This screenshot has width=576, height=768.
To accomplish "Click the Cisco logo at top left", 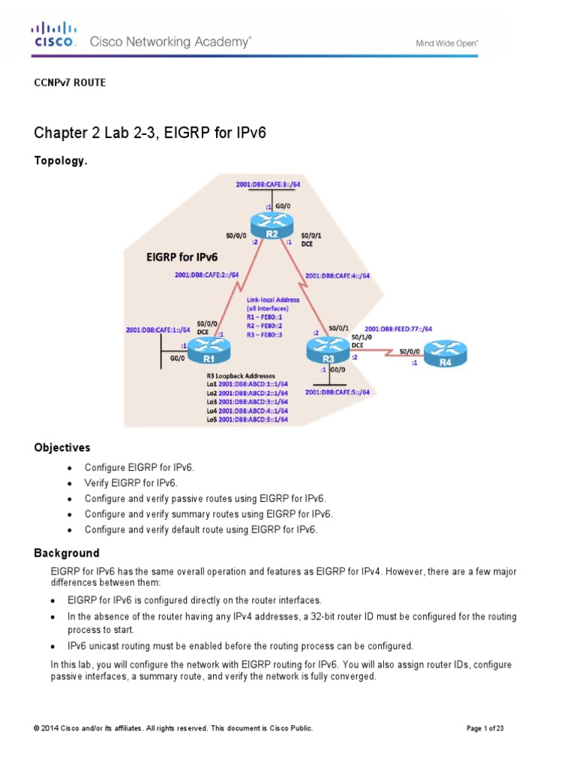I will (x=53, y=35).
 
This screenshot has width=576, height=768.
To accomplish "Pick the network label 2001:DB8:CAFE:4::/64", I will (x=337, y=276).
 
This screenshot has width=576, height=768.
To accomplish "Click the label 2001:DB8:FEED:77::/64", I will (x=398, y=328).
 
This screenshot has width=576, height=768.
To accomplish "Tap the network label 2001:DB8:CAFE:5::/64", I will (x=337, y=391).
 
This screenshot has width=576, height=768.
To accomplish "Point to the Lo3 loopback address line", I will (x=247, y=402).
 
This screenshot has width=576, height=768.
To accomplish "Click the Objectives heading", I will (x=62, y=448).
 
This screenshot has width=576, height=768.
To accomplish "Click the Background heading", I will (x=66, y=553).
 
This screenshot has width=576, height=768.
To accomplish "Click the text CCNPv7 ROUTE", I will (x=70, y=82).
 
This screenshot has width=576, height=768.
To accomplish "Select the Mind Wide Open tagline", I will (x=447, y=43).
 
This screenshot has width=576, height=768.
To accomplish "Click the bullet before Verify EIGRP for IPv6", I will (x=70, y=484).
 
